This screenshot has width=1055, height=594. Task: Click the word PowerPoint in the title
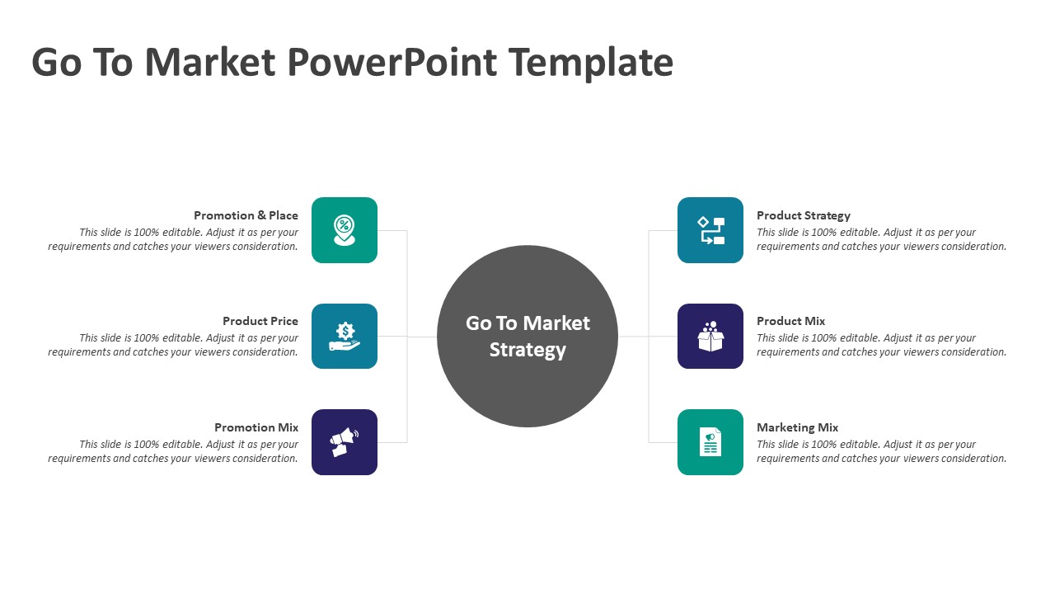392,63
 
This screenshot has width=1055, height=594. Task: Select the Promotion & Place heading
246,215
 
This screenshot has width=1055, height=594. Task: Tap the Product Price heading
260,321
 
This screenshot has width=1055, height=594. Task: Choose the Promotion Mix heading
256,427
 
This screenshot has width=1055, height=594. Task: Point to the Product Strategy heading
804,216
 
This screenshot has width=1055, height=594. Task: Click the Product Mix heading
790,321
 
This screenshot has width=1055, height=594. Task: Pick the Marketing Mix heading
797,427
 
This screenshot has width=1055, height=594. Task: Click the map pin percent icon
345,230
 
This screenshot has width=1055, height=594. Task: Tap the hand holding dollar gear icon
345,336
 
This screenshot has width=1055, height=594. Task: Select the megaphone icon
345,442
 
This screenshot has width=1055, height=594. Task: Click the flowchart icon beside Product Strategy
710,230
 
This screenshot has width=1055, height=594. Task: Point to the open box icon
710,336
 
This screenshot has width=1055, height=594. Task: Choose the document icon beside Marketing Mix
710,441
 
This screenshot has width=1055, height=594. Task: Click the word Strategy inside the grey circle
527,351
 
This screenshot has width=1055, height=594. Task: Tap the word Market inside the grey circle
556,323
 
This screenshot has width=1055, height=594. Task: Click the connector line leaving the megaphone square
392,442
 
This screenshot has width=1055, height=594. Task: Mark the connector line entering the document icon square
663,442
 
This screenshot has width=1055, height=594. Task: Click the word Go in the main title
57,63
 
